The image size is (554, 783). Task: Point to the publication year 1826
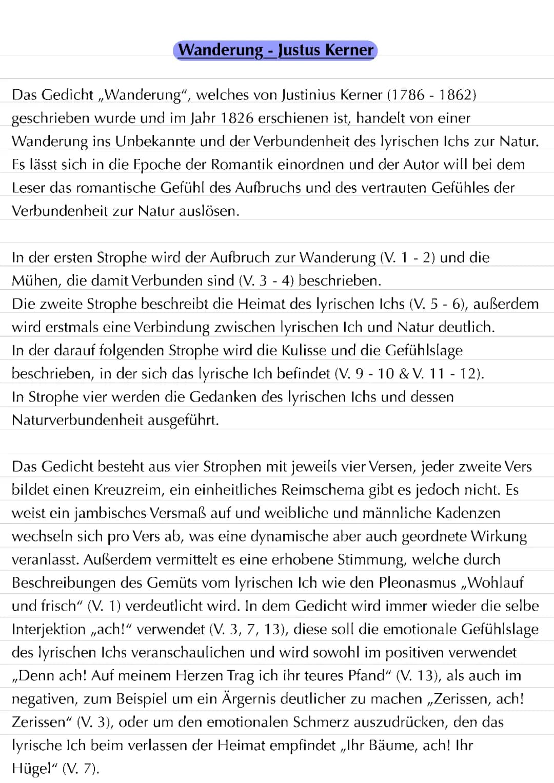(x=237, y=118)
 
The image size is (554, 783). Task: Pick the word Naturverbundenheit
(x=77, y=420)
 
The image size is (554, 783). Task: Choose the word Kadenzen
(x=468, y=513)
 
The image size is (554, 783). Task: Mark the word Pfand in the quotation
(x=369, y=675)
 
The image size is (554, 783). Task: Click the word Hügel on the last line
(x=32, y=769)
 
